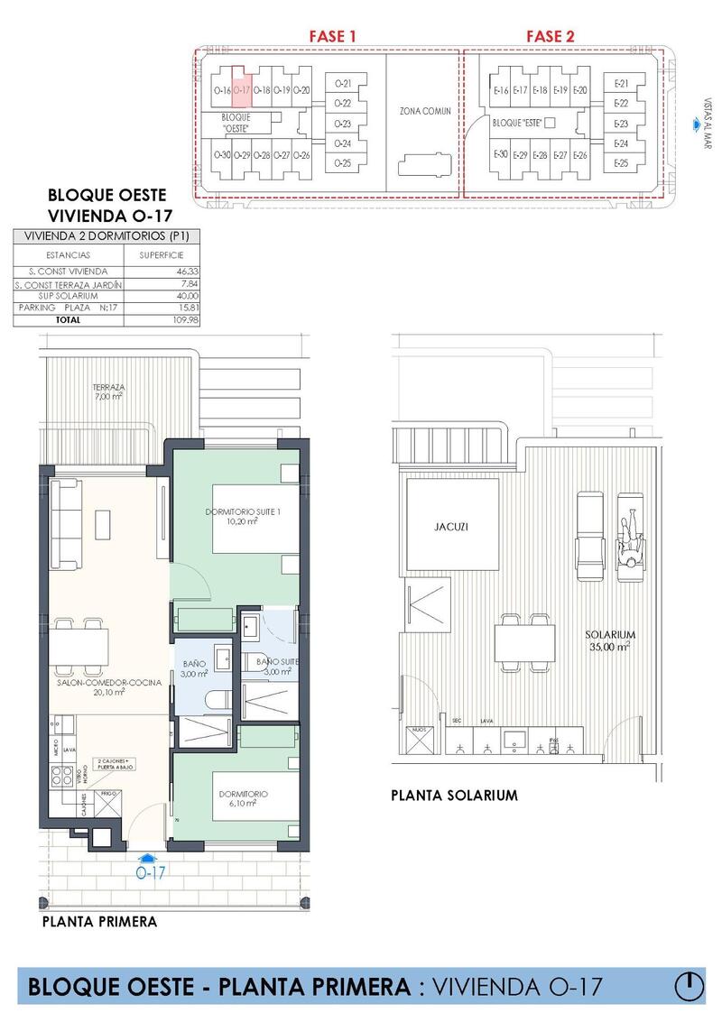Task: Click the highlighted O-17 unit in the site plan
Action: point(241,89)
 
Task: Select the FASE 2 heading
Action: point(551,36)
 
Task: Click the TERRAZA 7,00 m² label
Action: point(107,391)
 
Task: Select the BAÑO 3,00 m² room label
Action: point(194,668)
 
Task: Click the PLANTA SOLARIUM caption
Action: point(454,796)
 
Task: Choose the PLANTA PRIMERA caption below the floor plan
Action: point(100,921)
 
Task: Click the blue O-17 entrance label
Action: point(151,873)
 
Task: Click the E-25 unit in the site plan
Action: point(620,163)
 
